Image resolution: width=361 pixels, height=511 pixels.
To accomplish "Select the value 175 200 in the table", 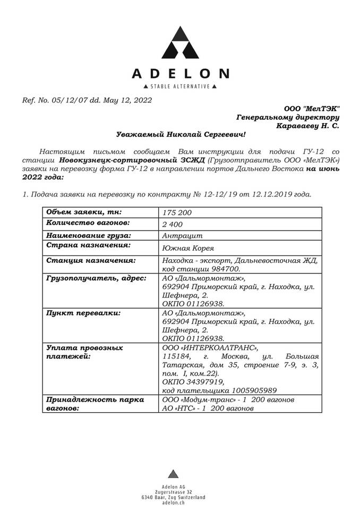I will coord(178,213).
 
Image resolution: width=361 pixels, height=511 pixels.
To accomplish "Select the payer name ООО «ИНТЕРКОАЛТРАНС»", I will coord(209,348).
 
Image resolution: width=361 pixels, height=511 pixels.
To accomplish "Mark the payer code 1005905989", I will coord(244,390).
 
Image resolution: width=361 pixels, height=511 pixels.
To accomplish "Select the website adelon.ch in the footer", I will coord(173,502).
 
